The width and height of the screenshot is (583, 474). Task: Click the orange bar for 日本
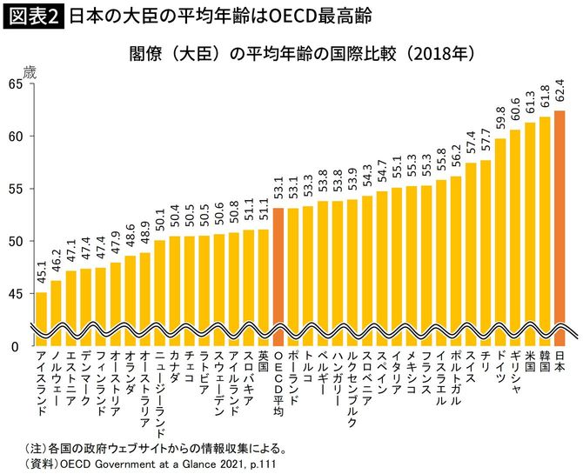click(x=560, y=226)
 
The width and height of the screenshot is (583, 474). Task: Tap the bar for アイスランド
click(x=42, y=317)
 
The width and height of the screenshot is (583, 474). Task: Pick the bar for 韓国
click(x=545, y=230)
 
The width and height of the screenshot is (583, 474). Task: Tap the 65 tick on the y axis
click(x=16, y=83)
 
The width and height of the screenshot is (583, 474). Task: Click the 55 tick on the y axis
click(x=16, y=189)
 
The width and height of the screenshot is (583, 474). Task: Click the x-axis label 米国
click(x=530, y=364)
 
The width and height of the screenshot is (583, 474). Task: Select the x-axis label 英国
click(x=264, y=364)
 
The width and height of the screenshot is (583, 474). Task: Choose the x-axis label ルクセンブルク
click(x=352, y=390)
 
